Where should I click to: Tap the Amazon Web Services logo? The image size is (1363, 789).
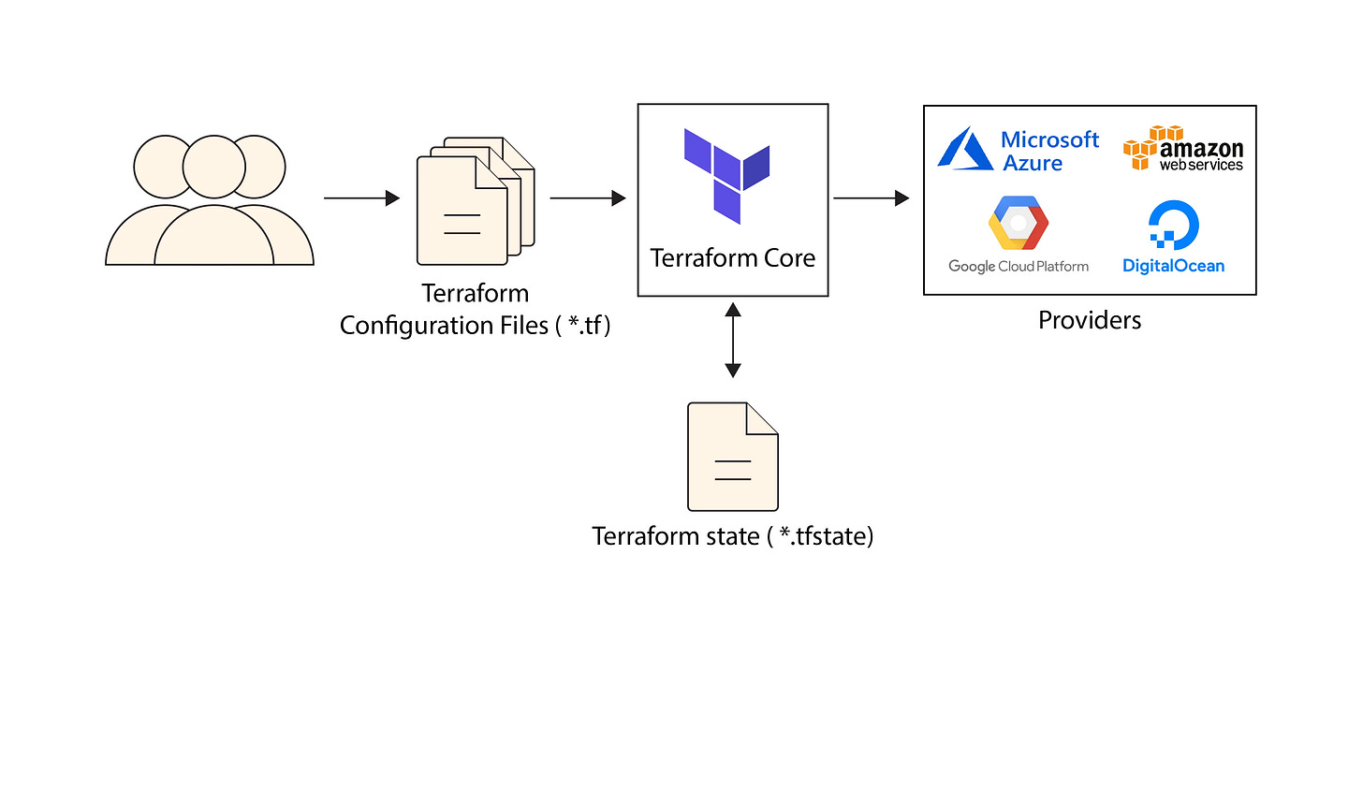click(1183, 150)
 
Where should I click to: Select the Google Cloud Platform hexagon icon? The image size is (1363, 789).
click(1019, 223)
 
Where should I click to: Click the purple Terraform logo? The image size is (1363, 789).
click(727, 175)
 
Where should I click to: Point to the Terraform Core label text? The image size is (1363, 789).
click(732, 258)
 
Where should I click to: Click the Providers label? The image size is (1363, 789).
click(1090, 320)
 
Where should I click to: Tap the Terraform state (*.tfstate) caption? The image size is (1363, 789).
click(732, 536)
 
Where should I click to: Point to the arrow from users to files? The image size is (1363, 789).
click(361, 198)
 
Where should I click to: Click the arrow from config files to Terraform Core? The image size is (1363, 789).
click(587, 198)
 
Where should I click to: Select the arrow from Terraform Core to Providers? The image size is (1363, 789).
click(871, 198)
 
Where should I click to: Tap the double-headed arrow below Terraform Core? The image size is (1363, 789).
click(733, 340)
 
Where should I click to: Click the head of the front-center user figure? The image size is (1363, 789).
click(214, 167)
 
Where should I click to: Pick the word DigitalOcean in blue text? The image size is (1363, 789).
click(1173, 266)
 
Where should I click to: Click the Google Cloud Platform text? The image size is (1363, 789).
click(1019, 267)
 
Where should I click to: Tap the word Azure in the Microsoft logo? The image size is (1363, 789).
click(1033, 164)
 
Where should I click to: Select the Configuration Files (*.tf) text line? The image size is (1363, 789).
click(475, 326)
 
